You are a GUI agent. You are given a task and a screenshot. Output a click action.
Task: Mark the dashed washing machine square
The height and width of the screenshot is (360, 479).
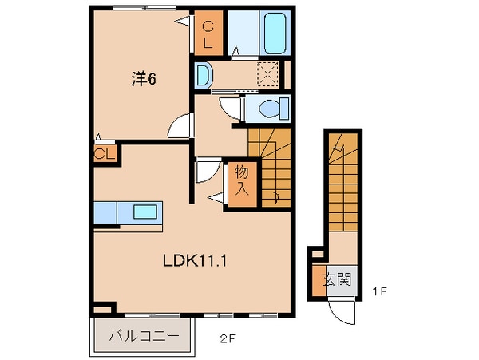266,76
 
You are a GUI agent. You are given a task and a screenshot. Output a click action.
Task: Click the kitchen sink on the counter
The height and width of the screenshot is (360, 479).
145,213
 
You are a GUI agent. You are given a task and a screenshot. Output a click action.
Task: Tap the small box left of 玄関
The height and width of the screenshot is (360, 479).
317,255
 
